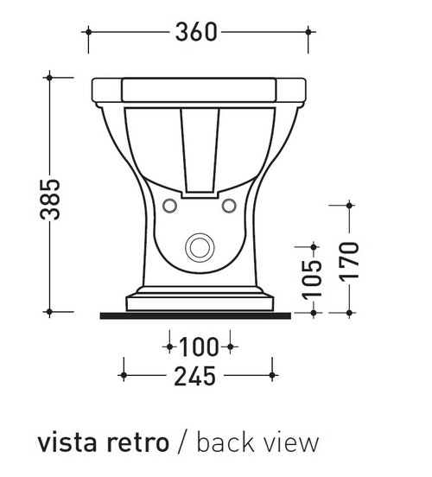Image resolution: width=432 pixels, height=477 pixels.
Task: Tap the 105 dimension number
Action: [x=315, y=274]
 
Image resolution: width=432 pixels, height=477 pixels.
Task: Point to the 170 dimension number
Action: [x=349, y=258]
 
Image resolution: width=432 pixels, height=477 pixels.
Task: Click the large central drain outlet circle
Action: [x=200, y=245]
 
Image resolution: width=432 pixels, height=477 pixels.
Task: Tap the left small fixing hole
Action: [x=170, y=206]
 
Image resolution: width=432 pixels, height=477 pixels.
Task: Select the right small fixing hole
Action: [x=229, y=206]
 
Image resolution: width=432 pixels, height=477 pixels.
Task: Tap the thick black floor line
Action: [x=199, y=315]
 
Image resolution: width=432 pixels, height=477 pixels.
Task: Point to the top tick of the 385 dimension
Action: [x=51, y=78]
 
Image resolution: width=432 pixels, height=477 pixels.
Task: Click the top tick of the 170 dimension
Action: [x=349, y=206]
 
